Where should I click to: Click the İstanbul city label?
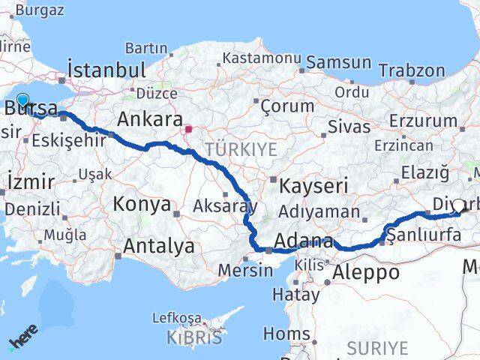pos(106,69)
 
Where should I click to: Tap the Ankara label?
pos(150,119)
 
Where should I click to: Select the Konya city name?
pos(142,203)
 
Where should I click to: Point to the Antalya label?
pos(158,245)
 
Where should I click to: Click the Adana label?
pos(304,241)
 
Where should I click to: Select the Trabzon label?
pos(412,70)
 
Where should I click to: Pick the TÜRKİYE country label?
pos(241,148)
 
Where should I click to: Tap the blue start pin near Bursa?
pos(22,100)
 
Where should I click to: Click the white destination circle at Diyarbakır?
pos(459,205)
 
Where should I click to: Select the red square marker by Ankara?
pos(188,128)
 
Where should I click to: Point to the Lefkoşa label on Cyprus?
pos(177,318)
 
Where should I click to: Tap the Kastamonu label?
pos(262,58)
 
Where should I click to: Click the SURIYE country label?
pos(377,348)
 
